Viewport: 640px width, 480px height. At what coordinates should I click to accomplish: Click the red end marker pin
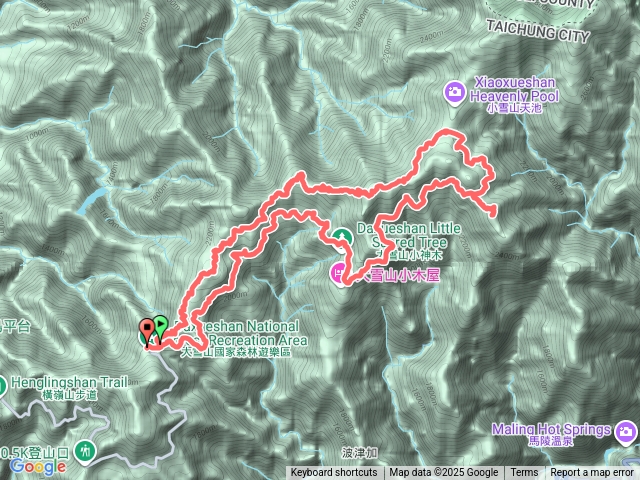coord(148,327)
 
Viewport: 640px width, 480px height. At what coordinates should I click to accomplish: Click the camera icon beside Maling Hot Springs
coord(627,431)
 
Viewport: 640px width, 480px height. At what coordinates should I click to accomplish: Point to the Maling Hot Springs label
coord(551,431)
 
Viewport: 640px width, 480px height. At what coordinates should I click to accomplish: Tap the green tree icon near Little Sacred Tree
coord(342,236)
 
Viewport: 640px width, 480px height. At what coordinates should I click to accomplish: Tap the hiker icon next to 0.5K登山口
coord(88,452)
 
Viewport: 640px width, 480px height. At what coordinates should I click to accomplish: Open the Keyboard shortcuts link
coord(335,473)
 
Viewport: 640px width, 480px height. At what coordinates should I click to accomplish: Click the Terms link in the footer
coord(524,473)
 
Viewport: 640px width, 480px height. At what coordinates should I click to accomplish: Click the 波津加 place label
coord(359,452)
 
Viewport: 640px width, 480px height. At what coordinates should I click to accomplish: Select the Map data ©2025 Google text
coord(444,473)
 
